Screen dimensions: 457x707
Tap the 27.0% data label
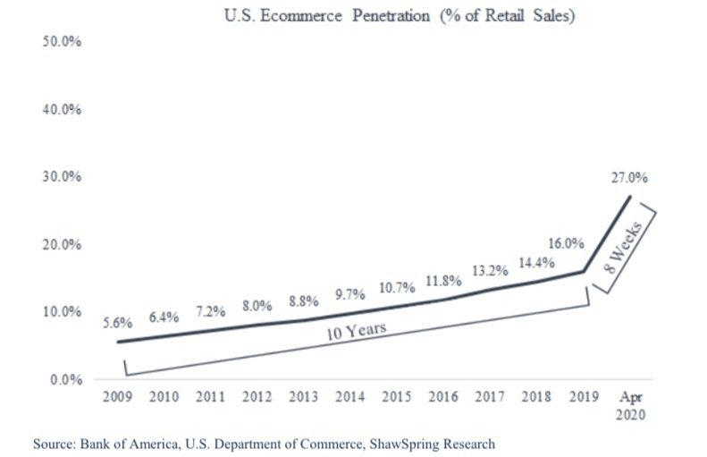coord(629,178)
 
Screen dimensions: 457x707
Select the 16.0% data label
coord(567,243)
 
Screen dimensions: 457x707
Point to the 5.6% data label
coord(117,324)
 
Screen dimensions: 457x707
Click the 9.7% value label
coord(349,293)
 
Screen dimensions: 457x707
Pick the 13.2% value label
coord(489,271)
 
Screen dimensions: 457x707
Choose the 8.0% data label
coord(257,306)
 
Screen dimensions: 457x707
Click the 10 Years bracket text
coord(356,331)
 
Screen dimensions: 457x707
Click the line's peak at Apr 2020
coord(629,197)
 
